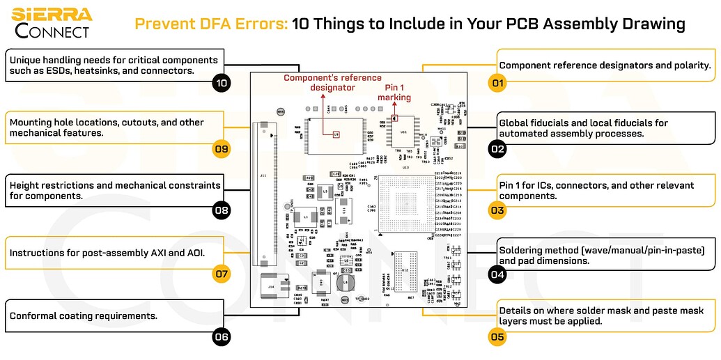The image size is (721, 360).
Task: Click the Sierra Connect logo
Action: [x=52, y=23]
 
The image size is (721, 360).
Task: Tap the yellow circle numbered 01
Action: [x=497, y=84]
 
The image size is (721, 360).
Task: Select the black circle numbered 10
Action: [x=222, y=84]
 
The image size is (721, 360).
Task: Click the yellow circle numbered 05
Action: [x=497, y=337]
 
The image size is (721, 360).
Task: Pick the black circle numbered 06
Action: [x=222, y=337]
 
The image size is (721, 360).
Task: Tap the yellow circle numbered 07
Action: [x=222, y=274]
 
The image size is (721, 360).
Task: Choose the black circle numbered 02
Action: [x=497, y=148]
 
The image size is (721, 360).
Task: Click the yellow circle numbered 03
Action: [x=497, y=210]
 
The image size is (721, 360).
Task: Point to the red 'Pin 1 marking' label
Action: [x=394, y=92]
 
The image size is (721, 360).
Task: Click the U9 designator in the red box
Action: [x=336, y=134]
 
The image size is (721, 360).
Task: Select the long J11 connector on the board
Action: [x=263, y=194]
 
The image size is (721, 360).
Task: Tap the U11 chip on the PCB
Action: [x=403, y=130]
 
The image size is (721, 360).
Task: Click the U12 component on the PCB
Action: [x=406, y=269]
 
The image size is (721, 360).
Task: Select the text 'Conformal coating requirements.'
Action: [x=83, y=315]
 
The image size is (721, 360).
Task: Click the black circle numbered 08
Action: [x=222, y=210]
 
